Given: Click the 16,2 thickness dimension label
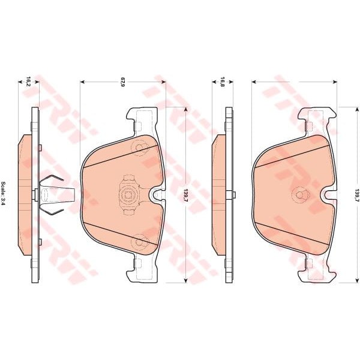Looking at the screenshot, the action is (x=28, y=82).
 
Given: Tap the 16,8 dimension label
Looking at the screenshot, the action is (x=222, y=82).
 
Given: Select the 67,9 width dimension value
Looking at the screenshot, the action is (x=122, y=82).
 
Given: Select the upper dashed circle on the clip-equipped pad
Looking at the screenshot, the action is (x=140, y=147).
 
